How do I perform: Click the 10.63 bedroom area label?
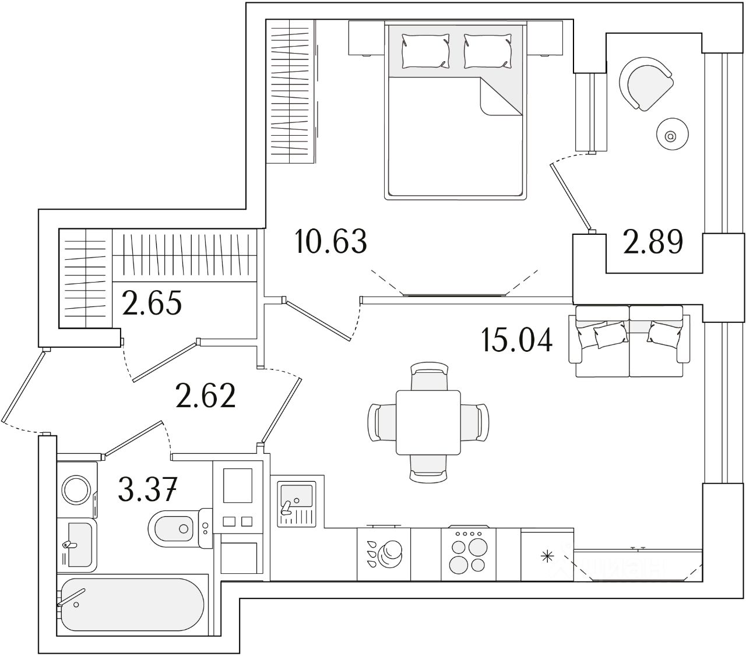pos(331,241)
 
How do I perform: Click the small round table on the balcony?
pos(671,136)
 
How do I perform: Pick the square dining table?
pos(428,422)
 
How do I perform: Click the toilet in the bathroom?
pos(175,528)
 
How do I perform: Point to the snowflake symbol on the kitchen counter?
pos(547,556)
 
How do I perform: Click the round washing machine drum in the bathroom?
pos(76,490)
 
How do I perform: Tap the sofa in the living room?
pos(629,343)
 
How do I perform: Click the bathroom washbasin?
pos(78,544)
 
